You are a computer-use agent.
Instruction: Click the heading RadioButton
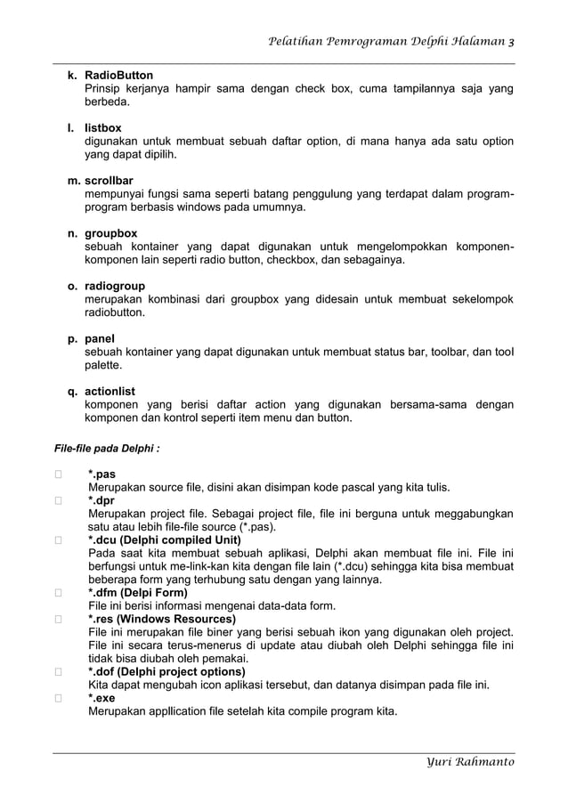(118, 76)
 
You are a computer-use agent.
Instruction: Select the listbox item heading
(102, 128)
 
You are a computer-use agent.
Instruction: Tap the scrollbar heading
(109, 181)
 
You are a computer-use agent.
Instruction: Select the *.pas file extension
(101, 474)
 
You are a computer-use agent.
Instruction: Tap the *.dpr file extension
(101, 500)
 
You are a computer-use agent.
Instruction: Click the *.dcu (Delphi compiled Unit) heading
(164, 539)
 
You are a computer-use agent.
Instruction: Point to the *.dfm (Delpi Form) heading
(137, 592)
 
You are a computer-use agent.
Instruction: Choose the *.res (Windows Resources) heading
(161, 619)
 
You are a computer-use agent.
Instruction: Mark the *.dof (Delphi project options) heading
(166, 671)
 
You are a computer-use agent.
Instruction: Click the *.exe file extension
(101, 698)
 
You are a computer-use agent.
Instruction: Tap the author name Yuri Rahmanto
(470, 762)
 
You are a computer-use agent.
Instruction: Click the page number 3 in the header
(510, 41)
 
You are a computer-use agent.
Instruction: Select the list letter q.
(71, 391)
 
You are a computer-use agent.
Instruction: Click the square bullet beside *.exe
(58, 698)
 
